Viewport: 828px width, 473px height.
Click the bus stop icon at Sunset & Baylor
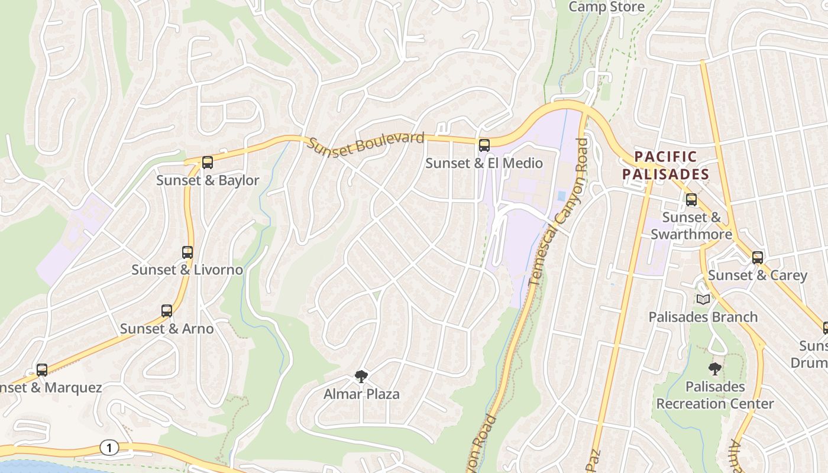[207, 163]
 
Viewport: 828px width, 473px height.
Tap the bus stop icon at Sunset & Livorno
[187, 252]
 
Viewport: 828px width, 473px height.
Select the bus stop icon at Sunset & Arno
[167, 311]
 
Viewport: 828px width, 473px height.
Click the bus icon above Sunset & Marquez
[42, 370]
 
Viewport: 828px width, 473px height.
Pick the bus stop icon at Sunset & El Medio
[484, 145]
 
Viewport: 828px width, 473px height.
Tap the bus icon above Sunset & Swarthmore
[691, 200]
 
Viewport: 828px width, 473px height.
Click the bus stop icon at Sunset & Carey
[758, 258]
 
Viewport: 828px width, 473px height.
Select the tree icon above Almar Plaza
[361, 377]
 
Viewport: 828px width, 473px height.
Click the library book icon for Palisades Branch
[703, 300]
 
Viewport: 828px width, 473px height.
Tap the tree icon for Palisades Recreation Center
[715, 369]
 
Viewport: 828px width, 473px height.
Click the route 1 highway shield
[109, 448]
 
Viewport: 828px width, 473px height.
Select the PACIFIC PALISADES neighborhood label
[665, 166]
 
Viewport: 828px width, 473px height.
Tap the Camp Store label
[606, 7]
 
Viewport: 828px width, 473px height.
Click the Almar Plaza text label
[361, 394]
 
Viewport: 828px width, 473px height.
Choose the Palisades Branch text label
[703, 317]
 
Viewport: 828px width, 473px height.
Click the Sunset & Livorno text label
[187, 270]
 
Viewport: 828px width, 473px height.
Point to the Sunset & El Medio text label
[484, 163]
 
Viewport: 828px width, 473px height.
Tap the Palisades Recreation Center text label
[715, 396]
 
